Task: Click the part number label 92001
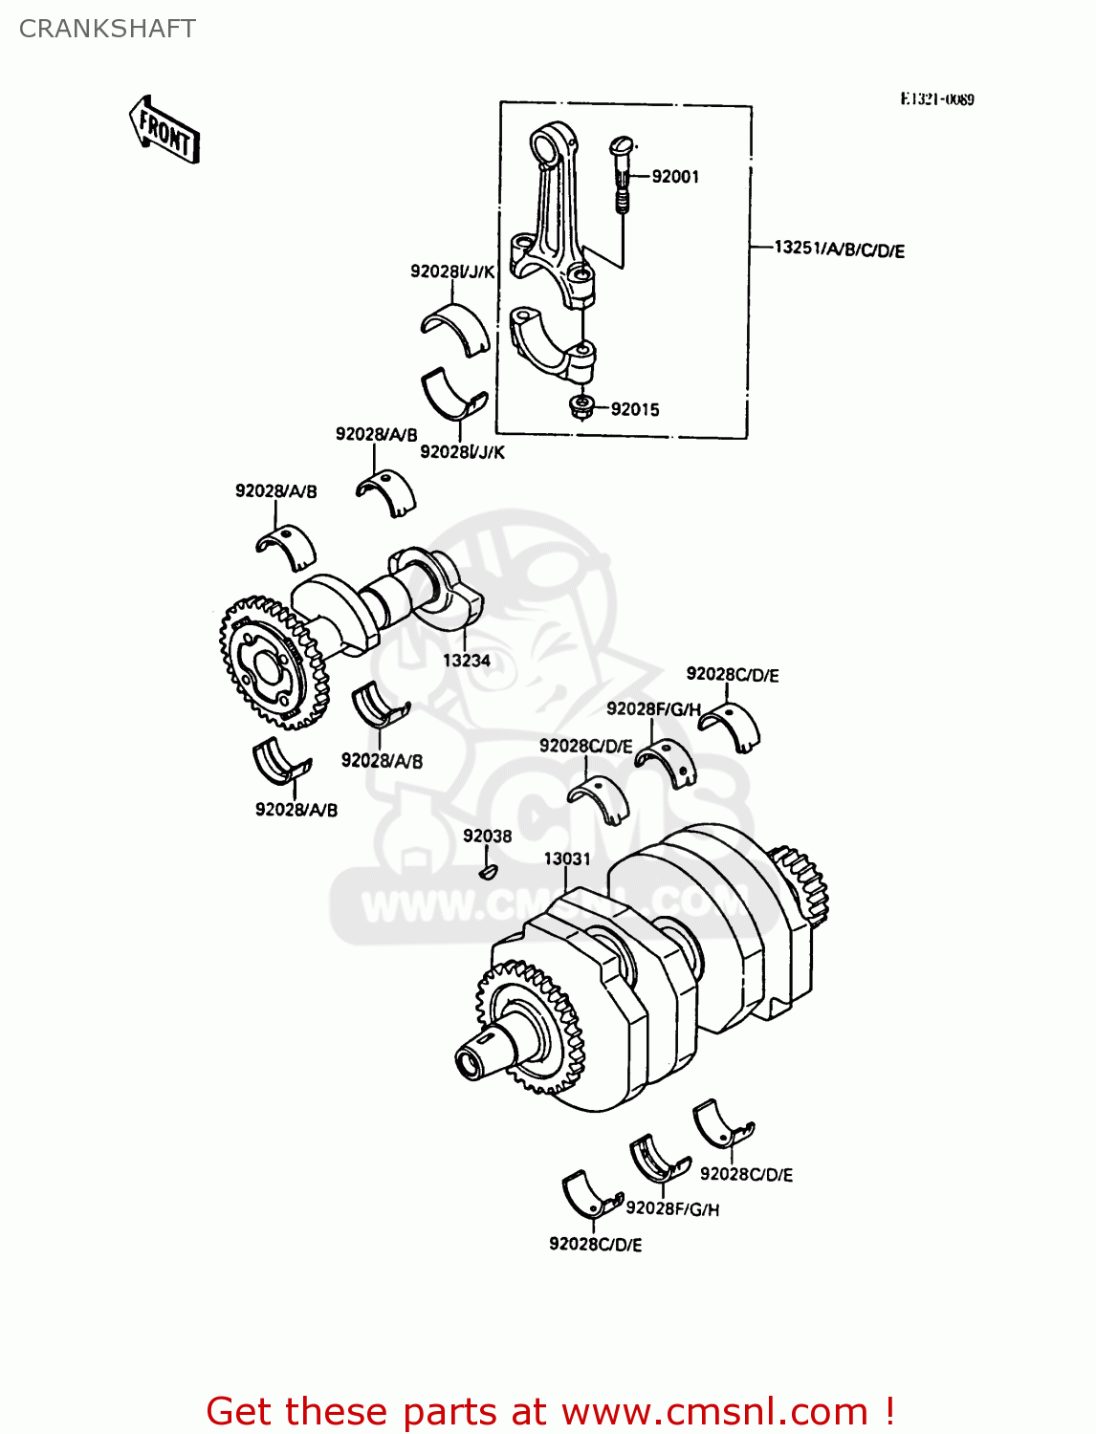coord(675,177)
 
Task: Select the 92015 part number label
coord(635,410)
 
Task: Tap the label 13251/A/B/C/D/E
coord(839,250)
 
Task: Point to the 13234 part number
coord(466,661)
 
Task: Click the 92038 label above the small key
coord(487,836)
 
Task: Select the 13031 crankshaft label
coord(567,859)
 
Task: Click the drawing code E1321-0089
coord(936,99)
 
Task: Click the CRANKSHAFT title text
coord(107,29)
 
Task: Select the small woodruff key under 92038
coord(488,871)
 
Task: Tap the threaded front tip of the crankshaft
coord(471,1062)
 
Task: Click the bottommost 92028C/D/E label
coord(595,1245)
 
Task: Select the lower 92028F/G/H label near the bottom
coord(672,1209)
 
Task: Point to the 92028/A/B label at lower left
coord(296,811)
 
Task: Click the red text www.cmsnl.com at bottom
coord(714,1412)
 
